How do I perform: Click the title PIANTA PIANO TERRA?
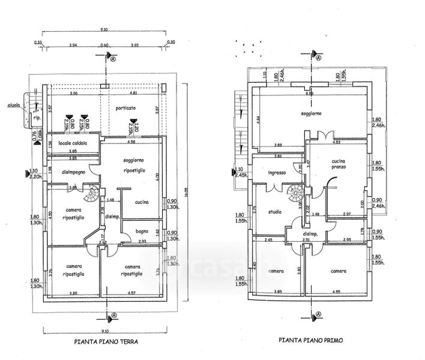click(x=106, y=343)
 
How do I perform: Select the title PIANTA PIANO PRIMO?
click(x=310, y=340)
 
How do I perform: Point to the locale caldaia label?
click(x=73, y=143)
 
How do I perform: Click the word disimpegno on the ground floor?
click(x=72, y=172)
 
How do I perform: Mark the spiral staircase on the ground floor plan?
click(x=93, y=194)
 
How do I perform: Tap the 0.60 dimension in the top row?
click(x=104, y=45)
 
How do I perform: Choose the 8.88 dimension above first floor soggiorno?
click(x=309, y=94)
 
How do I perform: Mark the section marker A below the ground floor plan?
click(x=112, y=316)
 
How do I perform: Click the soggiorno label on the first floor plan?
click(x=309, y=113)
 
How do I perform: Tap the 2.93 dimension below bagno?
click(x=142, y=241)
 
